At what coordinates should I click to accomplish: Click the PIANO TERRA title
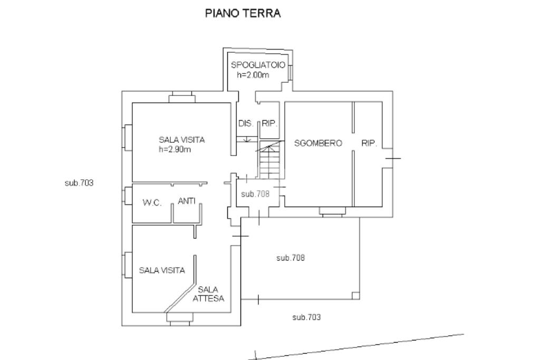(243, 13)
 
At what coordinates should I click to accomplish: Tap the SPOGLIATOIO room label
(258, 65)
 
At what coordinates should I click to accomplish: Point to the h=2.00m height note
(253, 75)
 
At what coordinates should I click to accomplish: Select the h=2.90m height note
(175, 149)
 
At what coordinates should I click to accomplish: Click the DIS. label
(246, 123)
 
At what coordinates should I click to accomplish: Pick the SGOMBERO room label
(318, 143)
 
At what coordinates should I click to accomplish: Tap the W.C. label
(152, 203)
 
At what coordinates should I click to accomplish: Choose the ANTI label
(187, 201)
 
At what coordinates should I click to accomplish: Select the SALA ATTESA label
(208, 294)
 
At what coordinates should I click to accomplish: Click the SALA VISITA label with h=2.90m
(182, 140)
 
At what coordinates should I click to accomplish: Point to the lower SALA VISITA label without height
(162, 270)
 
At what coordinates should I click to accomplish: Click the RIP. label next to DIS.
(269, 123)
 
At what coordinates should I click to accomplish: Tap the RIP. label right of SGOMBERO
(369, 143)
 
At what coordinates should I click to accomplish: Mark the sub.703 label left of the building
(79, 183)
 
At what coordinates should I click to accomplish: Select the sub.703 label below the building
(306, 317)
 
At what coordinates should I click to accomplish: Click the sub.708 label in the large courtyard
(291, 257)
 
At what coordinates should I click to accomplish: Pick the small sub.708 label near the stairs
(255, 194)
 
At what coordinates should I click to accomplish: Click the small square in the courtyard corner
(356, 295)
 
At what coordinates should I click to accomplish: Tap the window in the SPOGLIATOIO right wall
(291, 72)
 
